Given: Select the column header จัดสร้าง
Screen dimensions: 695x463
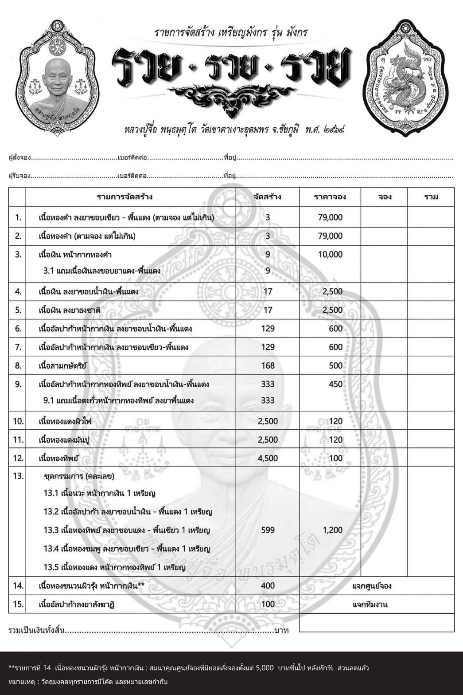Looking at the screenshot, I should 267,197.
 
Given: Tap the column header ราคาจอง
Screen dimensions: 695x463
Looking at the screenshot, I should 330,197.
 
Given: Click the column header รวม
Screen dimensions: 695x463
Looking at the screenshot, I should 431,197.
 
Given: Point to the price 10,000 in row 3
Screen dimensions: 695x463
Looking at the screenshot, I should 330,255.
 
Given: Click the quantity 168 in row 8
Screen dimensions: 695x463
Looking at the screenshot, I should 268,366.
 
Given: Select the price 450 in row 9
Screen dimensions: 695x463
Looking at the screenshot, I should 335,384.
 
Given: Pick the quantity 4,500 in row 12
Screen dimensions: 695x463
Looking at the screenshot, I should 268,458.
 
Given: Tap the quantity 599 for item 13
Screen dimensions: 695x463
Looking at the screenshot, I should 268,530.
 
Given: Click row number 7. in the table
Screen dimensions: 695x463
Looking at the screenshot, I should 18,347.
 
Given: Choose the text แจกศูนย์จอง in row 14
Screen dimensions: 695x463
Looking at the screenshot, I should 372,586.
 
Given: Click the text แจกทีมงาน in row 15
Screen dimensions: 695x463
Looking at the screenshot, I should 370,605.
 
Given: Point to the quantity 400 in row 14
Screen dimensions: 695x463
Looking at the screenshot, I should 268,586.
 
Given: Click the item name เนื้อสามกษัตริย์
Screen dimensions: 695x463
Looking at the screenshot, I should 63,366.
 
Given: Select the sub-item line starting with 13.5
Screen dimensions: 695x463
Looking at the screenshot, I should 114,567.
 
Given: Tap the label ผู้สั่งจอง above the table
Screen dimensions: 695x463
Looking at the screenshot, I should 19,158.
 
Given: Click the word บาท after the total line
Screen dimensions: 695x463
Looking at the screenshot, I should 281,630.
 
